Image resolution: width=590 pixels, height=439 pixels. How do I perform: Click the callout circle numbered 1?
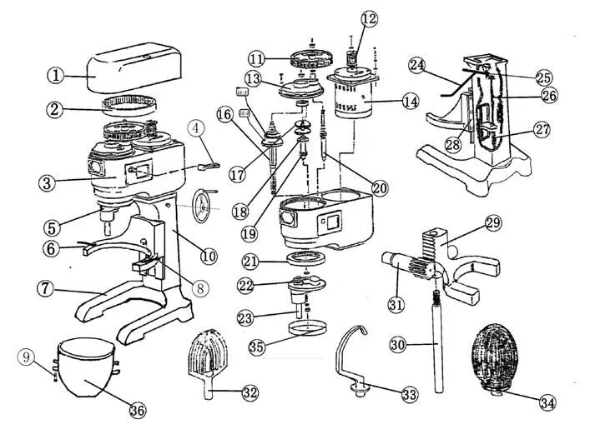pyautogui.click(x=56, y=76)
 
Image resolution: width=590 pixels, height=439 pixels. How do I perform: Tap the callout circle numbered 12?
pyautogui.click(x=369, y=17)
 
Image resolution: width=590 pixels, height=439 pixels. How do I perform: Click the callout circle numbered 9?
pyautogui.click(x=28, y=357)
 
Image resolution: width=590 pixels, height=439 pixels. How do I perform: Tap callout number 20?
pyautogui.click(x=380, y=188)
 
